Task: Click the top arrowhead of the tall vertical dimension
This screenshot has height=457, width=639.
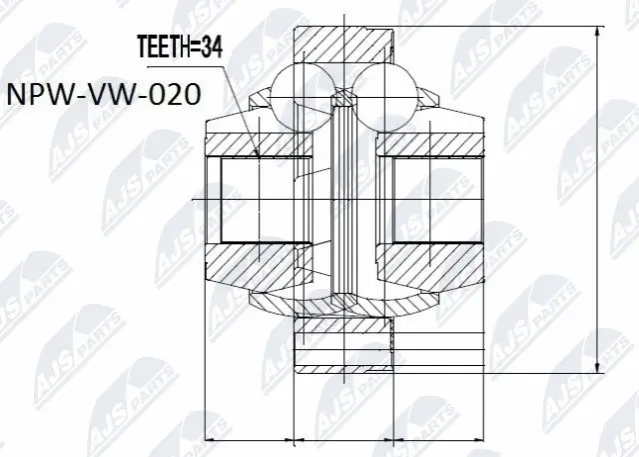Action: click(596, 30)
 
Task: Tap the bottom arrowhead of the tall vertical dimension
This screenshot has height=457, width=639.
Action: click(596, 365)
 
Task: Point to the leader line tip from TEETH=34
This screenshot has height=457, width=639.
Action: click(258, 157)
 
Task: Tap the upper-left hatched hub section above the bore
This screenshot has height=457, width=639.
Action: click(250, 140)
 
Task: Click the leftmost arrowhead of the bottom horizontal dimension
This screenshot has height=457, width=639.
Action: click(210, 438)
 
